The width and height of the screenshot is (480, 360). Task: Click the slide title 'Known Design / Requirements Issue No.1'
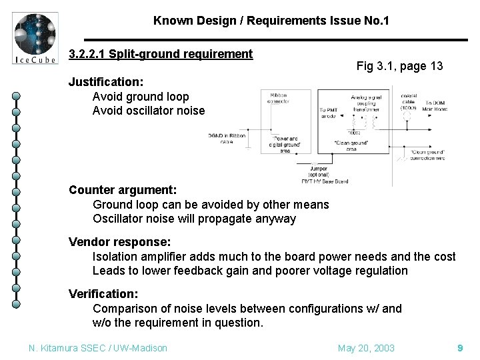point(271,21)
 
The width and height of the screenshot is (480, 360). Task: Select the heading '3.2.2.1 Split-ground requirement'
point(161,53)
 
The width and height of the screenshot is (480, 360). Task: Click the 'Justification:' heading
point(105,83)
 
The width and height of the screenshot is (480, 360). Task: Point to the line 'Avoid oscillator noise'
point(148,111)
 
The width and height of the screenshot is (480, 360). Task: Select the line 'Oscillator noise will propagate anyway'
point(194,219)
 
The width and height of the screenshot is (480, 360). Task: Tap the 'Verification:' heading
point(103,294)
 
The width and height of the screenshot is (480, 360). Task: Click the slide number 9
point(460,348)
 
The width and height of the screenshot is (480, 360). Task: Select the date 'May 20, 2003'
point(366,348)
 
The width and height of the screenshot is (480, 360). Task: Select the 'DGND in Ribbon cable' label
point(227,139)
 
